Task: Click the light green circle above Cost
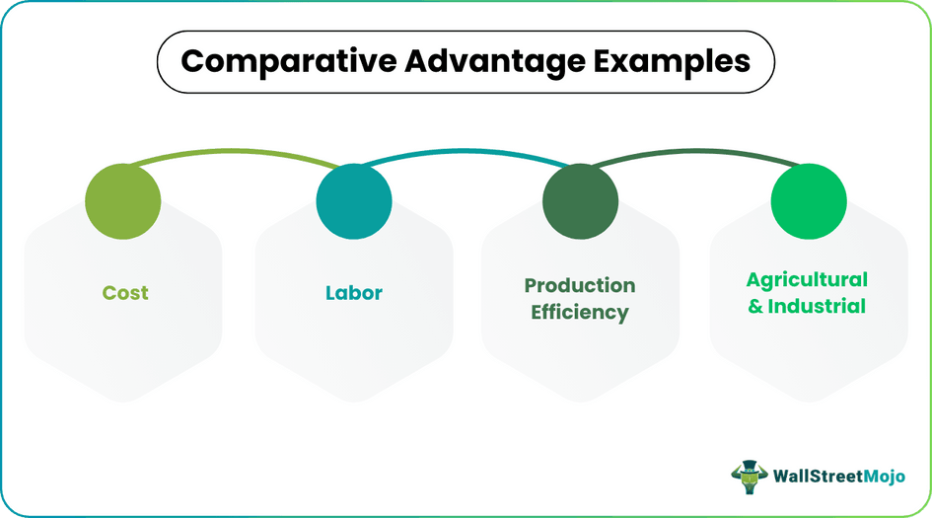[x=123, y=200]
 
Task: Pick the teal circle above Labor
[x=354, y=201]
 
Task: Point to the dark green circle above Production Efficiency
[x=581, y=201]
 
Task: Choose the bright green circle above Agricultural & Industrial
[x=809, y=200]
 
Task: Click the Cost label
[x=125, y=293]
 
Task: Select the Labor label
[x=354, y=293]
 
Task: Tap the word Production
[x=580, y=286]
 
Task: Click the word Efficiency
[x=580, y=313]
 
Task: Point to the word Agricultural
[x=807, y=280]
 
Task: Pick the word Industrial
[x=817, y=306]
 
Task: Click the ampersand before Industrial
[x=755, y=306]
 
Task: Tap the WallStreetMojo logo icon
[x=750, y=476]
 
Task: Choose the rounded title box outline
[x=161, y=61]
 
